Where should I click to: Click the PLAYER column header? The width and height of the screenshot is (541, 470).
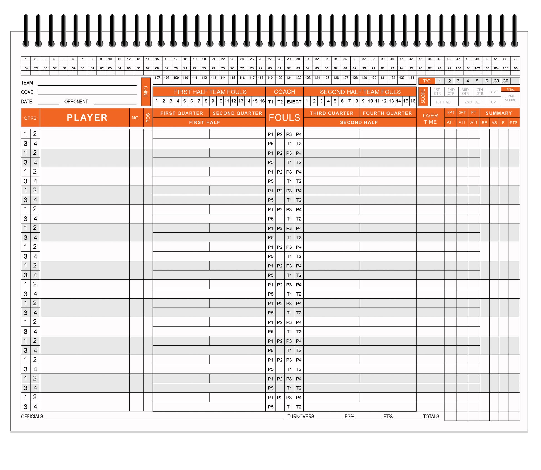coord(87,117)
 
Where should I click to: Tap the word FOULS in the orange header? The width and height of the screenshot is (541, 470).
coord(284,117)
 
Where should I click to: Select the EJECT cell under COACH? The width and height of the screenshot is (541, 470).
coord(294,102)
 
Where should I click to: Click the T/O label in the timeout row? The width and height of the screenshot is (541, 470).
coord(426,81)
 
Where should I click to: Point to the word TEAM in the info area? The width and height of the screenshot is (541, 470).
coord(27,83)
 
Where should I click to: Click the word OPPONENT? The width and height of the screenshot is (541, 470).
coord(76,102)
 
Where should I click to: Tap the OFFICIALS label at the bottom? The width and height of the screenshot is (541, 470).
coord(32,416)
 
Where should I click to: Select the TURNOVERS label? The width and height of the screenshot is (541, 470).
coord(301,416)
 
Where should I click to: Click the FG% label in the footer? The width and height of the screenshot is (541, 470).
coord(349,416)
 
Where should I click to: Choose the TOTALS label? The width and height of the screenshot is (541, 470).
coord(431,416)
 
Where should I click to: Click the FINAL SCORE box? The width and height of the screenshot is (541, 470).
coord(510,98)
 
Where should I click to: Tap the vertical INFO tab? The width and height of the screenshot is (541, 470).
coord(146,91)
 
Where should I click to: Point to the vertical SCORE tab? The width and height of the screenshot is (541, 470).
coord(423,96)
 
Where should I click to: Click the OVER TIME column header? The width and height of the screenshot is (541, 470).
coord(430,119)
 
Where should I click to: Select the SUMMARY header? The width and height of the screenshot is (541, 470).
coord(498,113)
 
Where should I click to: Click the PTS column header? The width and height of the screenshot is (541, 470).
coord(513,122)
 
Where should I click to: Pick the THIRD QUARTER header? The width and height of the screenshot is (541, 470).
coord(331,113)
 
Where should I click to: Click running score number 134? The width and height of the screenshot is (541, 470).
coord(411,78)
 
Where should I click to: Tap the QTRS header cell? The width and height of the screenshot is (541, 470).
coord(30,118)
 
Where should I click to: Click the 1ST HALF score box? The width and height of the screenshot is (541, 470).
coord(443,102)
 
